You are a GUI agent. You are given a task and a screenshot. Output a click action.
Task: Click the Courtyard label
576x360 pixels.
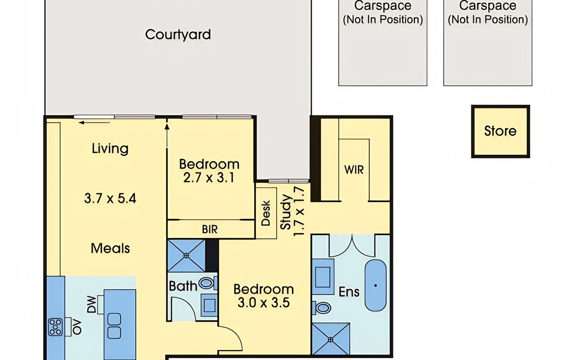[178, 35]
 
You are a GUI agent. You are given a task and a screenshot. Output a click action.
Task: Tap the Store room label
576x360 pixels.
[500, 131]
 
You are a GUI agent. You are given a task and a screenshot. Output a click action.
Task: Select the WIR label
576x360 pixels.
[354, 170]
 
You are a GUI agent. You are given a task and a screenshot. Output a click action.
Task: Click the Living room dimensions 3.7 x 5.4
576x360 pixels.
[110, 198]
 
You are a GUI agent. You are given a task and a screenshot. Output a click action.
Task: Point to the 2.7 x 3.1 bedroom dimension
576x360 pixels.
[209, 178]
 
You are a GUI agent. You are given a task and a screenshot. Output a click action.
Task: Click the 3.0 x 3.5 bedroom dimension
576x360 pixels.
[264, 302]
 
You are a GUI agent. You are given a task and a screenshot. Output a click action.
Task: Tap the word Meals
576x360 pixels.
[110, 248]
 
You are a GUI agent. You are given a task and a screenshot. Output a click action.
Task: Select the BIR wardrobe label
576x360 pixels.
[210, 229]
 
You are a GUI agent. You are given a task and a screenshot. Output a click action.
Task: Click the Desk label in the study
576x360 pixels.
[266, 213]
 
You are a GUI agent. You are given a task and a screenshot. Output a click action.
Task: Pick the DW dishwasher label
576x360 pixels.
[91, 305]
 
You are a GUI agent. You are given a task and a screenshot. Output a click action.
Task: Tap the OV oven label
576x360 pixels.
[77, 327]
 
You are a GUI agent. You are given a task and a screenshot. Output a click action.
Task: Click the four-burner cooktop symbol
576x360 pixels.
[55, 327]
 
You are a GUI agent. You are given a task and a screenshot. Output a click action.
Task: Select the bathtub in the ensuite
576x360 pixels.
[375, 286]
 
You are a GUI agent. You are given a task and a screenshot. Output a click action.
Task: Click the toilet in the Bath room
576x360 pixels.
[207, 283]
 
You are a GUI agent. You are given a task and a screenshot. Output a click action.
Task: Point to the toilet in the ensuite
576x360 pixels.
[321, 307]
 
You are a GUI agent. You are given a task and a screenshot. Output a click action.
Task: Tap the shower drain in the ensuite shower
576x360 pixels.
[331, 340]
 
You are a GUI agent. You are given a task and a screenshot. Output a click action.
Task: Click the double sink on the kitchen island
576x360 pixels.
[114, 326]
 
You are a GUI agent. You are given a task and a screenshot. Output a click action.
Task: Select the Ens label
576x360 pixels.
[349, 292]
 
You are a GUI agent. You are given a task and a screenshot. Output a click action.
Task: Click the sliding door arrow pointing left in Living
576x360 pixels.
[94, 123]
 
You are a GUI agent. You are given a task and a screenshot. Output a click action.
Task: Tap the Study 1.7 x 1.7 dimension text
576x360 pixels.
[292, 211]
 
